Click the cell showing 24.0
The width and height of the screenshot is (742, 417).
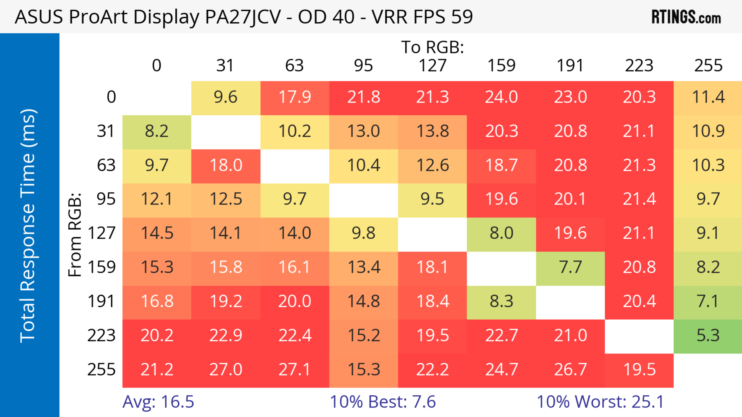tap(501, 97)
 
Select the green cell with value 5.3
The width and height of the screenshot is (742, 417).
tap(708, 336)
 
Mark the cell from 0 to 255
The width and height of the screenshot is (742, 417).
tap(708, 97)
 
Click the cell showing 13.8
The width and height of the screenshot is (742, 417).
tap(432, 131)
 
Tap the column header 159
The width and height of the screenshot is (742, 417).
tap(501, 66)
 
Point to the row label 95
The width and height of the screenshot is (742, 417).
tap(106, 199)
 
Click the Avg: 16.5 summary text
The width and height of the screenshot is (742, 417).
tap(158, 402)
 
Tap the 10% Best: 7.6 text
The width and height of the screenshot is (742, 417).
tap(383, 402)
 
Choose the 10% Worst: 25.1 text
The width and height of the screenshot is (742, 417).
tap(600, 402)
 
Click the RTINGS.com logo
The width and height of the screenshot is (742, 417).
tap(686, 17)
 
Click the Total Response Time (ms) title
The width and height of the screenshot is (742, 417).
tap(28, 226)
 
